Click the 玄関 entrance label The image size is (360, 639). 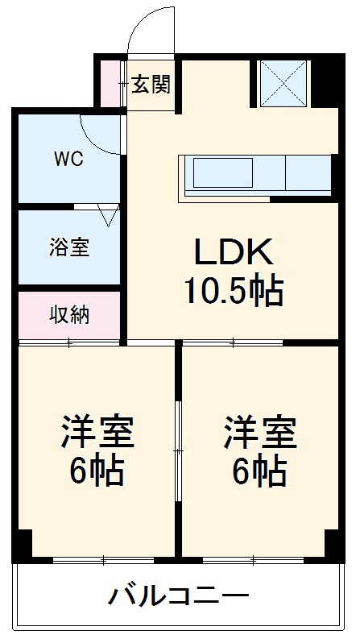click(x=151, y=85)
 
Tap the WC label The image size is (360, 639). click(x=69, y=159)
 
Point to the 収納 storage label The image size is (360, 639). click(x=69, y=314)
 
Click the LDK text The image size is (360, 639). click(x=234, y=251)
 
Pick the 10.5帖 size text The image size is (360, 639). click(x=234, y=291)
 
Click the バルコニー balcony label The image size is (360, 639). click(x=178, y=597)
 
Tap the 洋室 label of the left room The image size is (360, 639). click(x=97, y=432)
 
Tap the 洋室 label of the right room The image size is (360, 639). click(x=260, y=432)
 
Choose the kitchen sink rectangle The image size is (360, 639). click(x=223, y=172)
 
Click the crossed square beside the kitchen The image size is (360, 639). click(x=283, y=84)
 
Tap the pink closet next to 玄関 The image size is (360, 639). click(x=110, y=84)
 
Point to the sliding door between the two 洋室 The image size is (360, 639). click(x=178, y=450)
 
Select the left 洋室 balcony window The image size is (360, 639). click(x=103, y=560)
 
